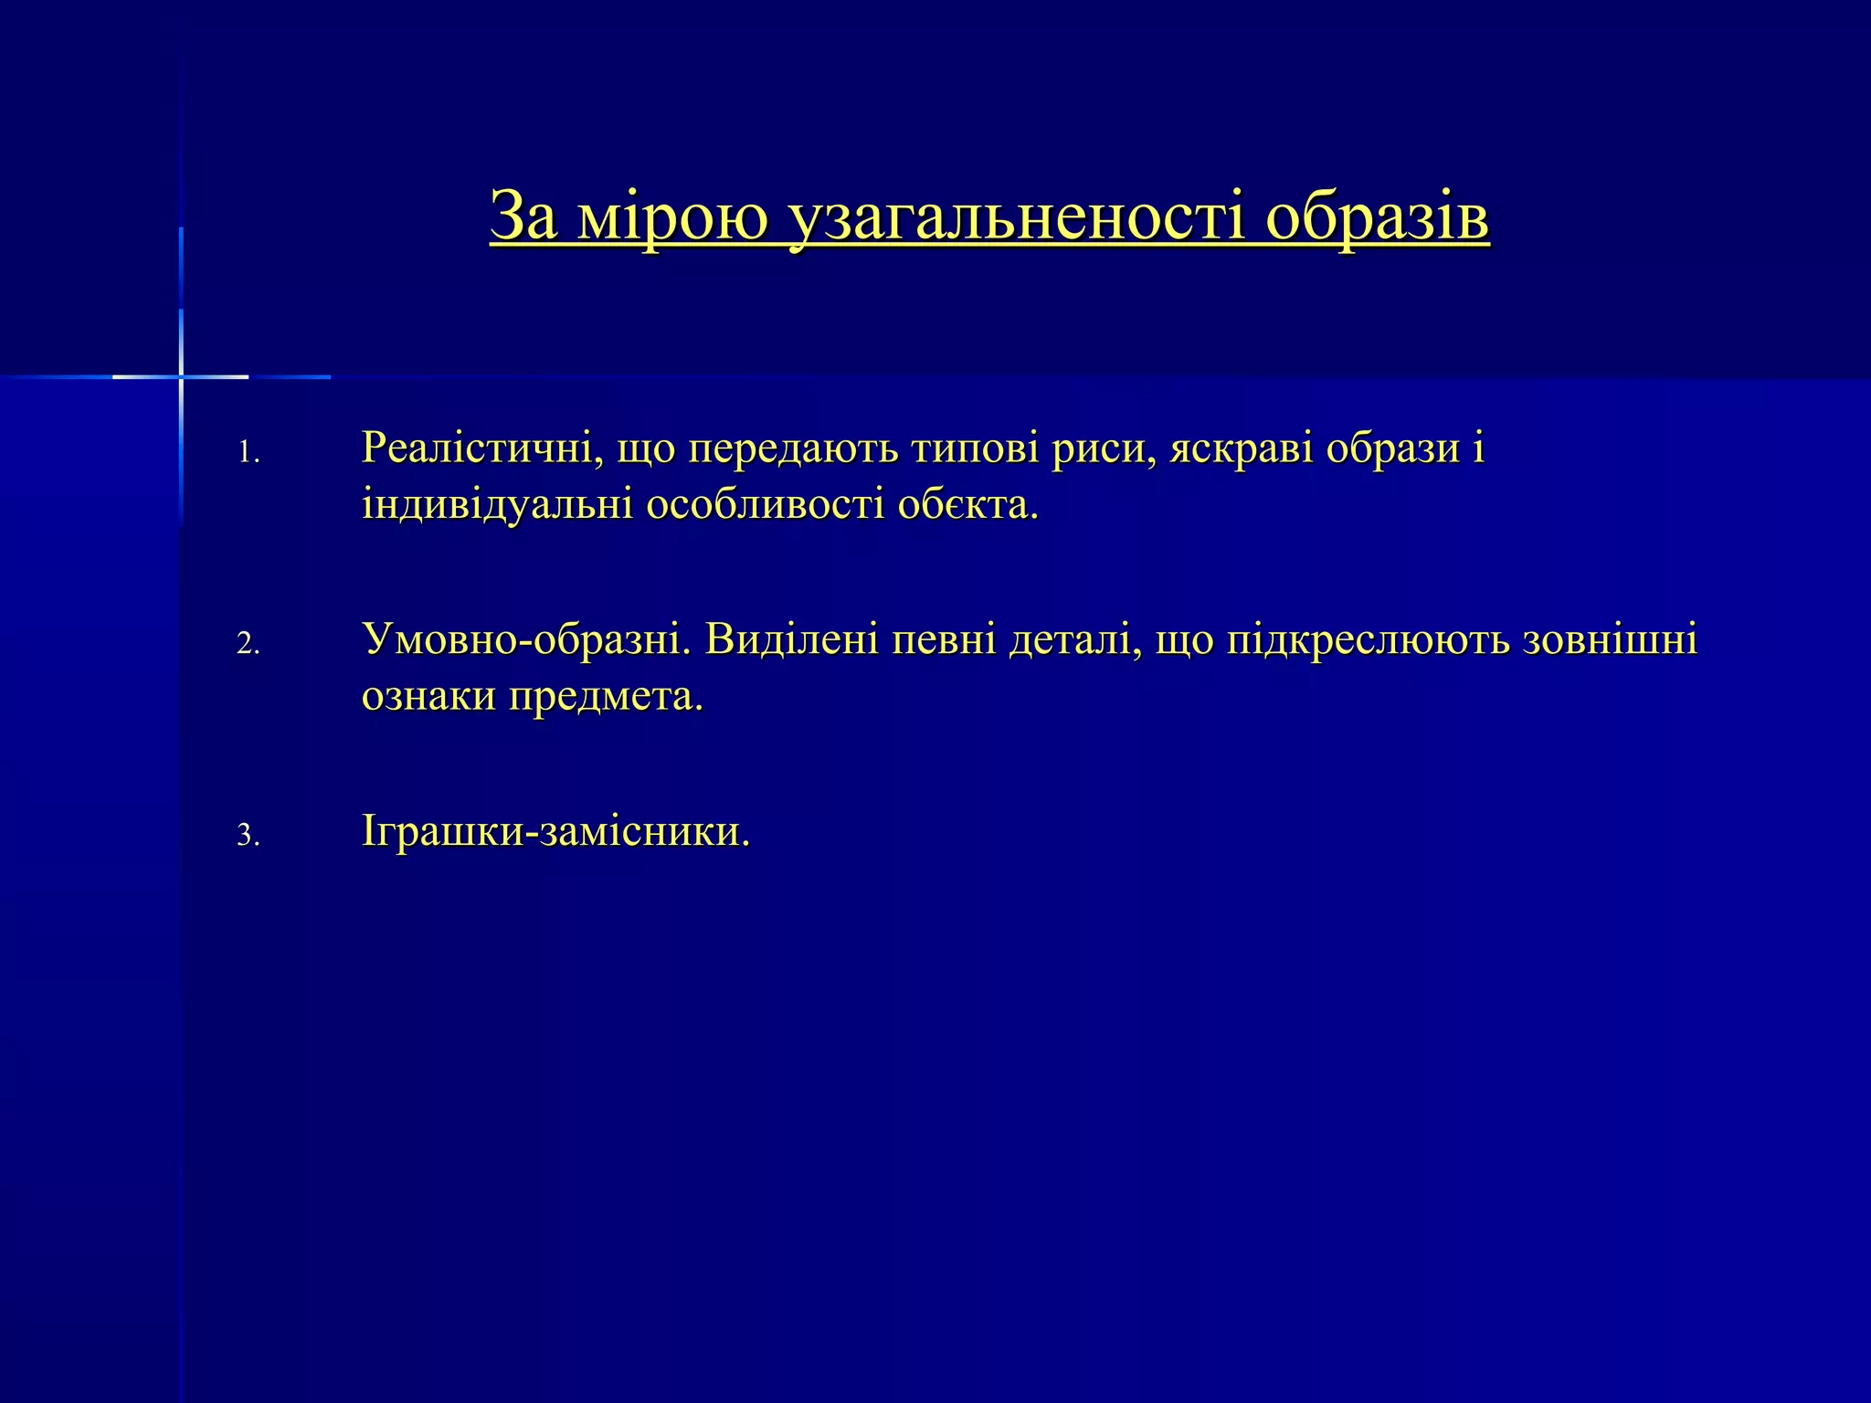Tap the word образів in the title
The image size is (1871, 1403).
click(x=1377, y=217)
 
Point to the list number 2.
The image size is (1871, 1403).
click(x=248, y=645)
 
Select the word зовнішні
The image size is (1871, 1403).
click(x=1611, y=639)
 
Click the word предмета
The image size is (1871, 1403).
click(x=606, y=697)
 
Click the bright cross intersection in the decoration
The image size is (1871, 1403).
click(x=181, y=376)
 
